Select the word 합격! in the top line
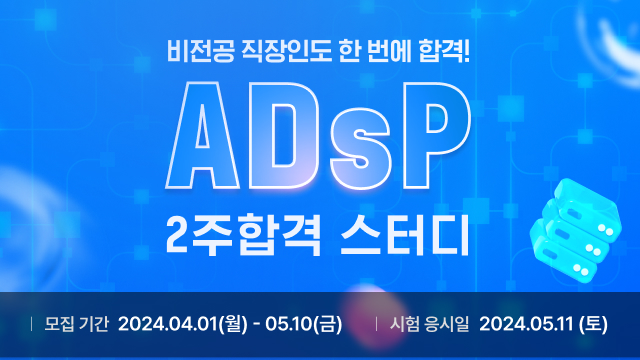pos(444,52)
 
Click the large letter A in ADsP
pos(203,136)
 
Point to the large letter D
pos(282,136)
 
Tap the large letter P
pos(435,136)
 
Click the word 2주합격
pos(243,237)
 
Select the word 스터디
pos(404,237)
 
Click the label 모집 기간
pos(76,324)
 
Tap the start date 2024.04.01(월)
pos(183,324)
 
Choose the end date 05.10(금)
pos(304,324)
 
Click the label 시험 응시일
pos(429,324)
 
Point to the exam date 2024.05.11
pos(527,324)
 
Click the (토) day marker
pos(593,324)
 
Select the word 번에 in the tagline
pos(389,52)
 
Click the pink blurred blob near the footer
pos(372,313)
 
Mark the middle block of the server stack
pos(576,233)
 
